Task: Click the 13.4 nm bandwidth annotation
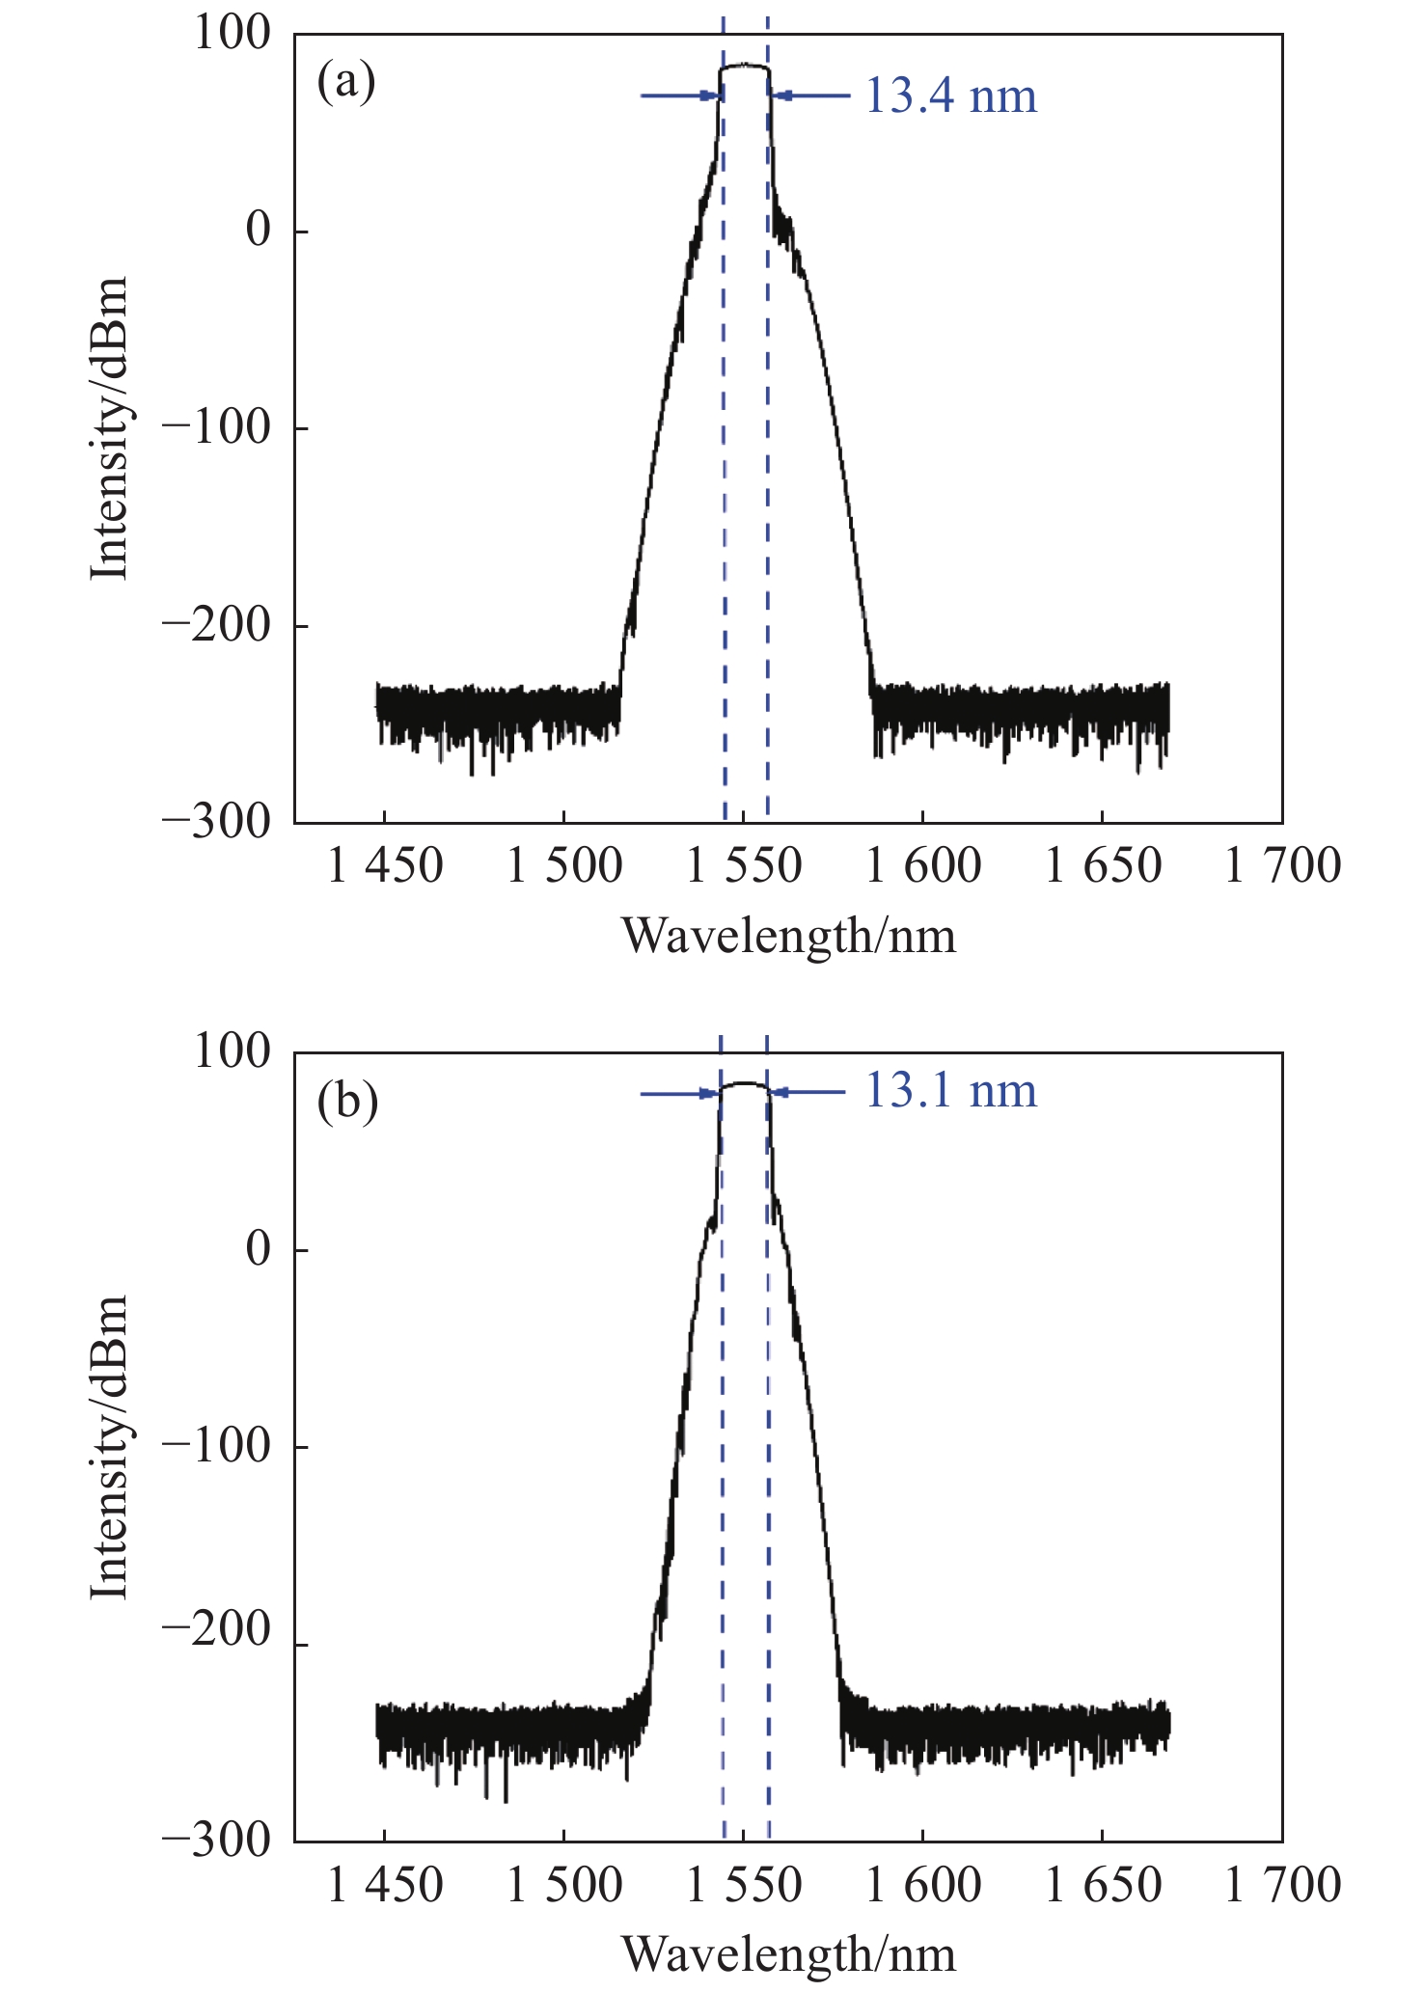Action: [x=950, y=96]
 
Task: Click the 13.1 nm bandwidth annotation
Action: [x=950, y=1091]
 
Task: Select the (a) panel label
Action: [x=346, y=81]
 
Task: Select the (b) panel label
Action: [x=347, y=1100]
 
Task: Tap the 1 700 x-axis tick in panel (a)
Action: [x=1282, y=866]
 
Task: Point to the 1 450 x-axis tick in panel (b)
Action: [x=385, y=1884]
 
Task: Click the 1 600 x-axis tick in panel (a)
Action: [x=923, y=866]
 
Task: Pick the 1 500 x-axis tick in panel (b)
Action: [x=564, y=1884]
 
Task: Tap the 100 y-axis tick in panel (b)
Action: [x=233, y=1051]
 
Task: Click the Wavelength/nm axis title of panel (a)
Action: [x=788, y=936]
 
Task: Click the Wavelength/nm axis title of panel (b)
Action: [x=788, y=1953]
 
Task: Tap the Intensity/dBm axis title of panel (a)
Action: [x=109, y=429]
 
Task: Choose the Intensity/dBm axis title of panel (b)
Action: [x=109, y=1447]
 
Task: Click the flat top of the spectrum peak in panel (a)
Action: [x=744, y=66]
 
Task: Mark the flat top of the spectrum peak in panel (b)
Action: [x=744, y=1083]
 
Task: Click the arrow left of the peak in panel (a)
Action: [x=681, y=96]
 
